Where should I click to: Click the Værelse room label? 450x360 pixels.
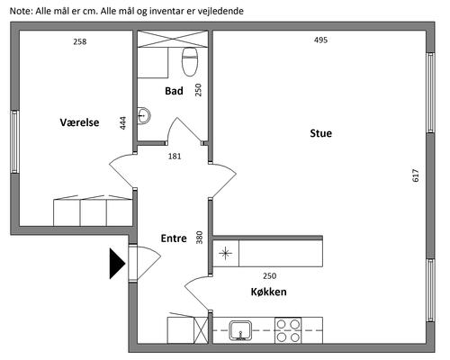79,122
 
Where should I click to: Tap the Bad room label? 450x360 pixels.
174,91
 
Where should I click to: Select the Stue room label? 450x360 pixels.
321,133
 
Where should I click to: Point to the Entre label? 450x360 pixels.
174,238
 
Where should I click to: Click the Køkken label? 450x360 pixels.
268,292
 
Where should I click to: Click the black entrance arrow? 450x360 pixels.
117,264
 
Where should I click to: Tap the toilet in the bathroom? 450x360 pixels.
190,61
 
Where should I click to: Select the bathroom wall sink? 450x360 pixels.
144,115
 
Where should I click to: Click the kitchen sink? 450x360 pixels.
240,330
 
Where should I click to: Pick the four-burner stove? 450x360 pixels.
288,330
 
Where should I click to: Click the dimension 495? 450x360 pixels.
320,40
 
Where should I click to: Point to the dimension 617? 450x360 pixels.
416,175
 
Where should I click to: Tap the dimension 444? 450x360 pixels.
123,123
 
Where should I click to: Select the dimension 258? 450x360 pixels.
80,41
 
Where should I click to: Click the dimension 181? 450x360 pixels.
175,156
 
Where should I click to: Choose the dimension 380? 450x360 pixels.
199,237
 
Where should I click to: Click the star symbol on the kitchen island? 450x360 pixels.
225,254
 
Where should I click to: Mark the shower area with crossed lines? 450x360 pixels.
173,39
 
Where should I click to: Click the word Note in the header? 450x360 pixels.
21,11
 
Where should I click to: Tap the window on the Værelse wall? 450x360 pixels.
15,141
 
